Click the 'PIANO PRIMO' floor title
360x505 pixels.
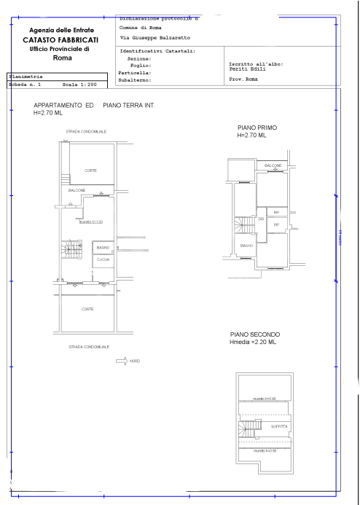[252, 128]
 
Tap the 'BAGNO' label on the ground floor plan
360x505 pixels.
[103, 248]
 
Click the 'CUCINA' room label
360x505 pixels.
[103, 259]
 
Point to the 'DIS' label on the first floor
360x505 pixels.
[260, 218]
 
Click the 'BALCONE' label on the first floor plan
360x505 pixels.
[273, 166]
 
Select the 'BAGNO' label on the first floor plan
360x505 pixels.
[247, 246]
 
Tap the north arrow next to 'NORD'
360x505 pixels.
[121, 361]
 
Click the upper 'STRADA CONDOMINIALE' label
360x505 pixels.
[86, 131]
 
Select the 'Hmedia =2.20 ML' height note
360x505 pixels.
[254, 342]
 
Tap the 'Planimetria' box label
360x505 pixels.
[26, 76]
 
